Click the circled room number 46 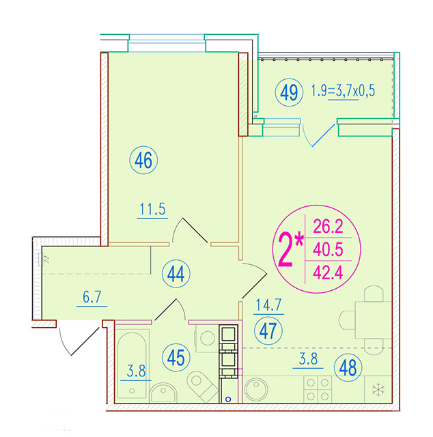143,160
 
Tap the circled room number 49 289,92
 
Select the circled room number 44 176,274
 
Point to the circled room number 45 176,358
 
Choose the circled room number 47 268,330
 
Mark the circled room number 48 348,367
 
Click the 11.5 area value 152,209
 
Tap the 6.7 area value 92,297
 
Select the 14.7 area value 269,305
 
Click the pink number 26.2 328,226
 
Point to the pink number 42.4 328,272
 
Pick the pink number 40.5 328,249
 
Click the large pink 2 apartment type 285,250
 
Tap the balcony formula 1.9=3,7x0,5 343,91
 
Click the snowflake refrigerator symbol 378,389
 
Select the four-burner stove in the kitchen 318,389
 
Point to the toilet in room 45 202,386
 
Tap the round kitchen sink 256,389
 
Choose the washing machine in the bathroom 208,339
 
